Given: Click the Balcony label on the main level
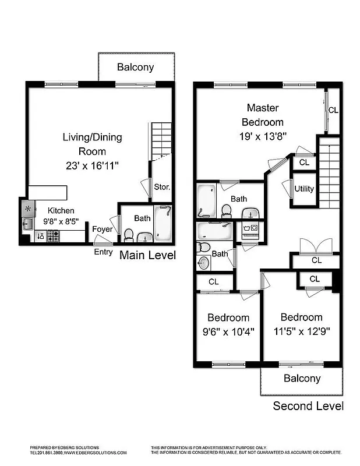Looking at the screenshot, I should [136, 67].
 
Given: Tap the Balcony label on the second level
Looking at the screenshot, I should [302, 379].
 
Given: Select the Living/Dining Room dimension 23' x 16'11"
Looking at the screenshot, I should [92, 165].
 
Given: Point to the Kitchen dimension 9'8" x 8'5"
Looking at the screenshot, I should [61, 221].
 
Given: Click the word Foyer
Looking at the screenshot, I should [102, 229].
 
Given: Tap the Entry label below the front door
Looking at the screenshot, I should [103, 252].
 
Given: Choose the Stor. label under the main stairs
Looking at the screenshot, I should [162, 188].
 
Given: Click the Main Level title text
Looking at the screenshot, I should [147, 255].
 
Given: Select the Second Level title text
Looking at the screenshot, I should [308, 406].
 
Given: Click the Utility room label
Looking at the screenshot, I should [304, 189].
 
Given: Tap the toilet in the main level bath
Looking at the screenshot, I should [129, 235].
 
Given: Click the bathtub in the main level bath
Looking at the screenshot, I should [163, 224].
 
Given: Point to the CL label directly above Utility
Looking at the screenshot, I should [304, 163].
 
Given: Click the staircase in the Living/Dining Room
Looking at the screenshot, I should [162, 140].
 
